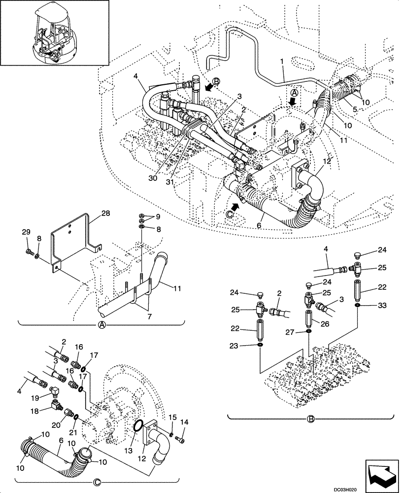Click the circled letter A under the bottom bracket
pos(101,325)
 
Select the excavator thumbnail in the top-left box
pos(54,33)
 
